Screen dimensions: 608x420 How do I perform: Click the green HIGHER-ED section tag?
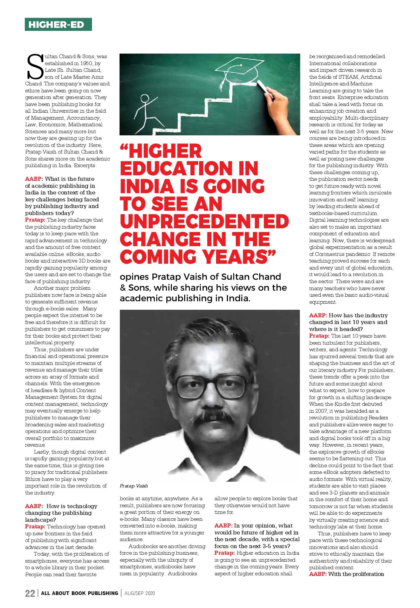coord(58,25)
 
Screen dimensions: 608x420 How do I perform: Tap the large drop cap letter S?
coord(34,66)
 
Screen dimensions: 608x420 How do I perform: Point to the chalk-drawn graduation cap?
coord(239,69)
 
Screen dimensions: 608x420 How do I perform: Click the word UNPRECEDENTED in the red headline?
coord(204,222)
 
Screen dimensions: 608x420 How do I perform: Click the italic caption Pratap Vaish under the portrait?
coord(134,486)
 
